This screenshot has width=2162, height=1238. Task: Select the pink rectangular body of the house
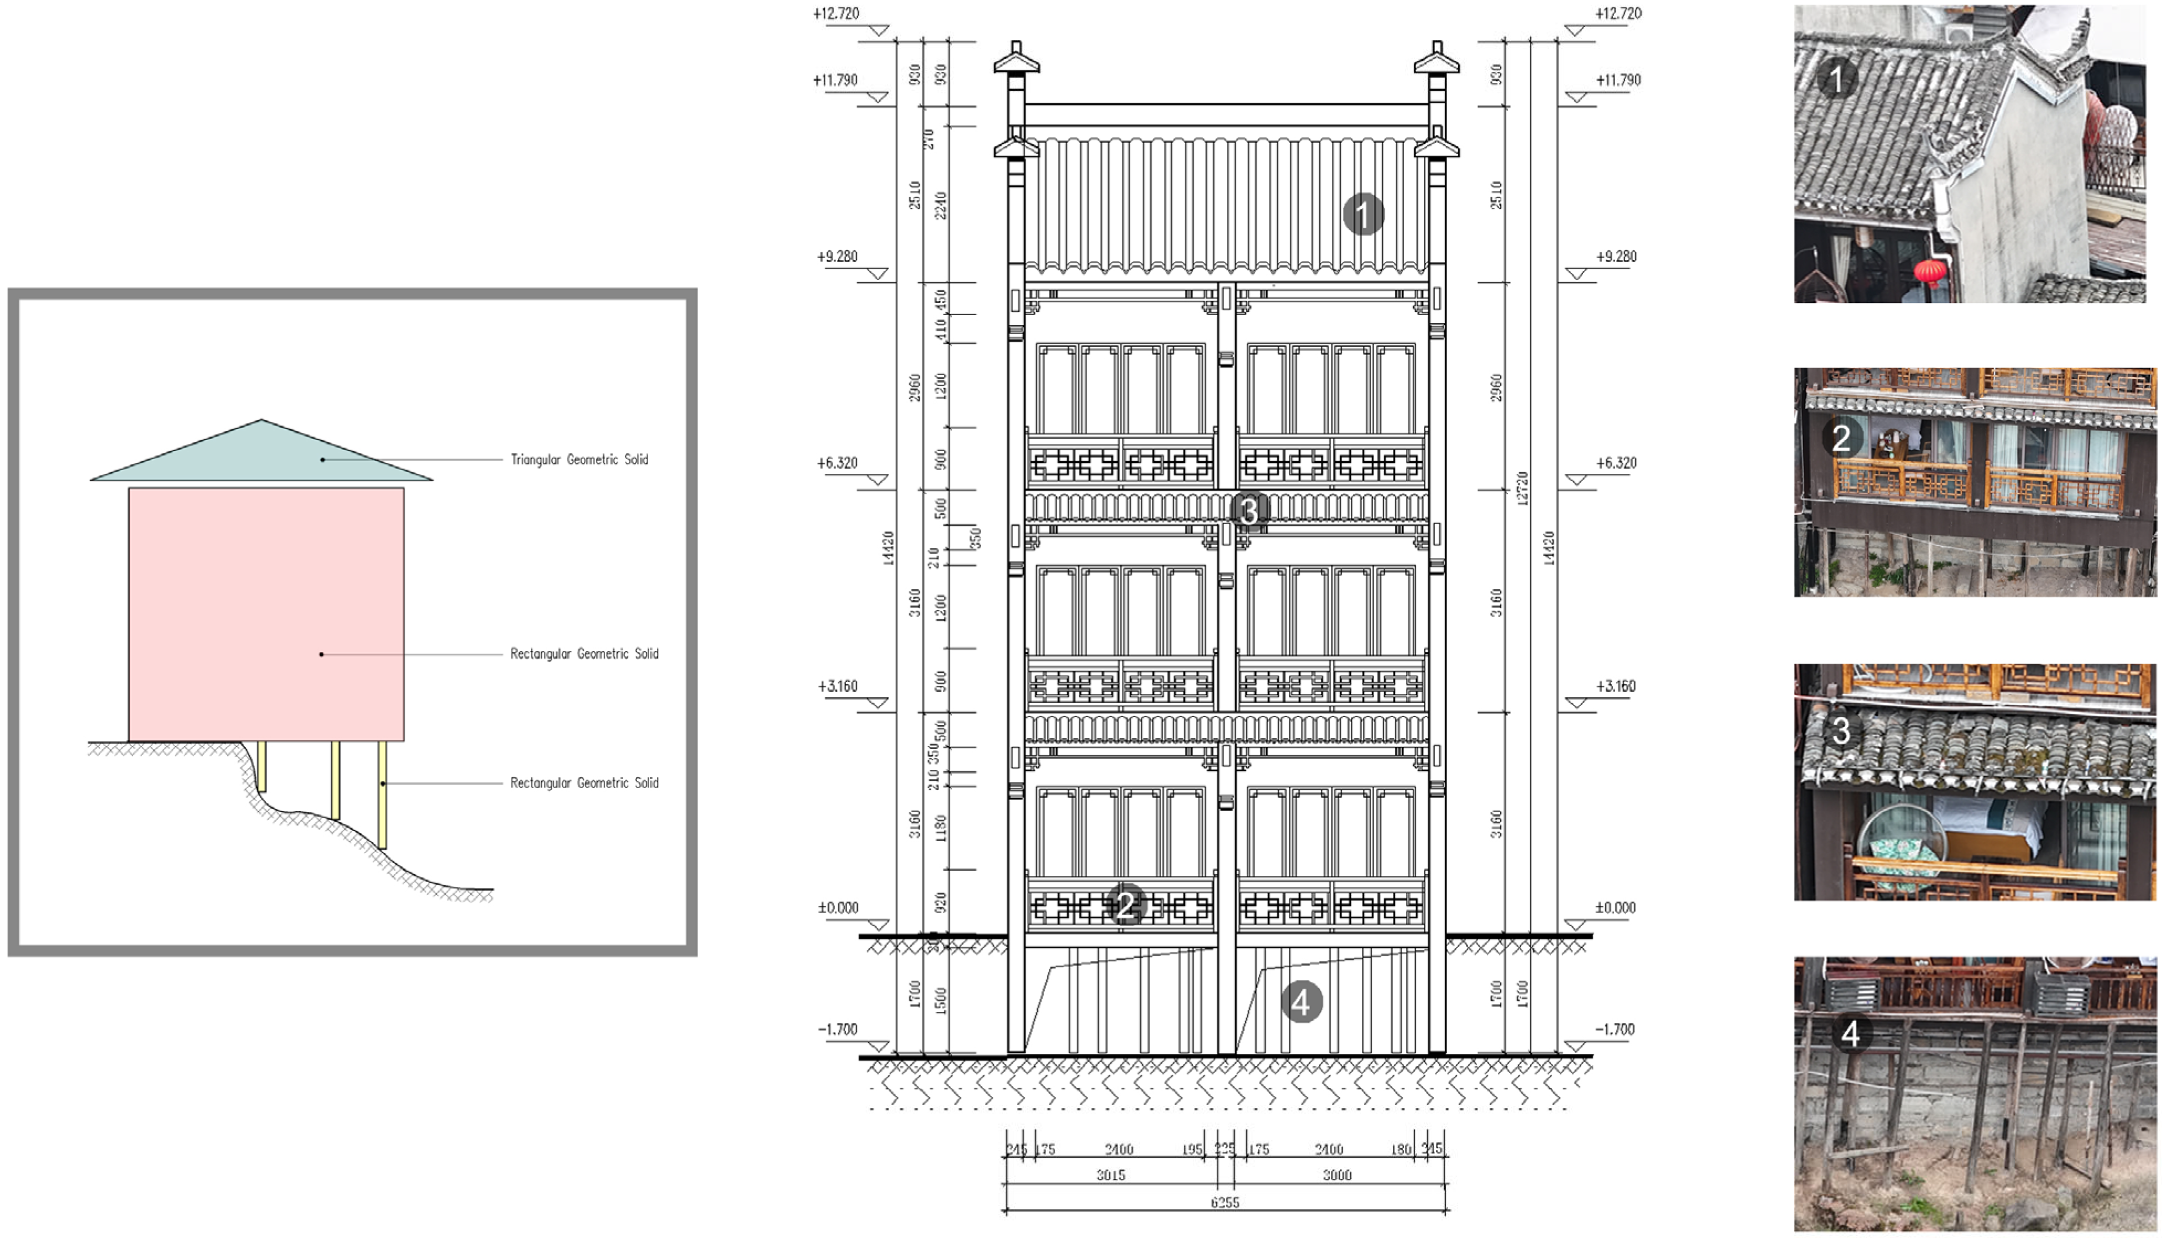(266, 612)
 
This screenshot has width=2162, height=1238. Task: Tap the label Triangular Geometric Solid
(579, 459)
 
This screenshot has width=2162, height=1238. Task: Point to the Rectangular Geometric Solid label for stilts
(584, 782)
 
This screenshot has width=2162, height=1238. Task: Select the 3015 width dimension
(1110, 1175)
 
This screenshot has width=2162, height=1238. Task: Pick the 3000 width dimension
(1336, 1175)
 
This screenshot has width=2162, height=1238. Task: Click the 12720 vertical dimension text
(1522, 488)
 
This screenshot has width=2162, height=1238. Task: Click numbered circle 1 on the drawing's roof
(1363, 215)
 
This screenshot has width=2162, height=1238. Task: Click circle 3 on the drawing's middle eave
(1249, 510)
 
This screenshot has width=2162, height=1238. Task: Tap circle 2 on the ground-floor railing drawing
(1126, 904)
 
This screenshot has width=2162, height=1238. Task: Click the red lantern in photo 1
(1931, 272)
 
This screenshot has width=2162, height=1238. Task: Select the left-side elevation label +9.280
(837, 256)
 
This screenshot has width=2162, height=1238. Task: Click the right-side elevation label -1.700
(1615, 1029)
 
